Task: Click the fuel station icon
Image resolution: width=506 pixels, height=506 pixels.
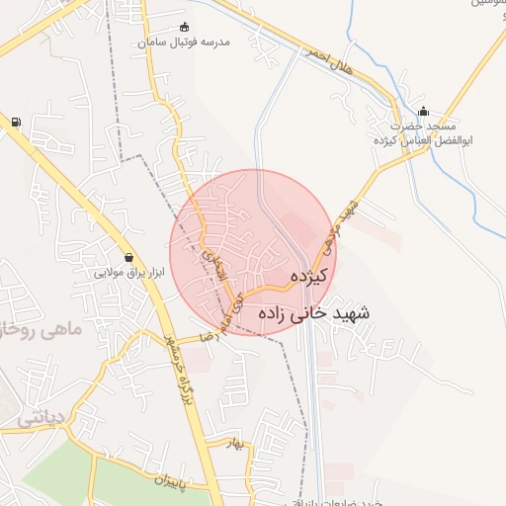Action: click(15, 123)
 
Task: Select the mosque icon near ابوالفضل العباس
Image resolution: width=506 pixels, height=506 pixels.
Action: click(424, 111)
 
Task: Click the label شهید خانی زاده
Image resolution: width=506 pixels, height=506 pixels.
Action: click(313, 312)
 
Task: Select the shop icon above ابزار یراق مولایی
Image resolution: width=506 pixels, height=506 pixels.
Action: click(129, 257)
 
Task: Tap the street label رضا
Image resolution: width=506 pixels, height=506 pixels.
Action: click(207, 337)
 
